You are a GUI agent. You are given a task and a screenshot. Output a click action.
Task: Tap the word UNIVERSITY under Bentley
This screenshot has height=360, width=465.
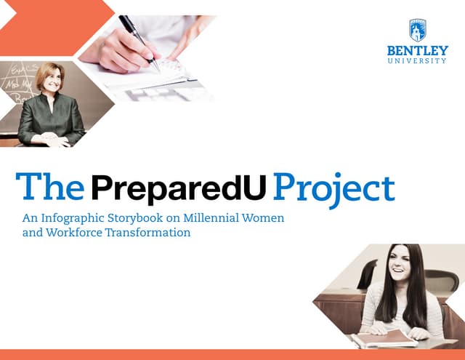pyautogui.click(x=417, y=61)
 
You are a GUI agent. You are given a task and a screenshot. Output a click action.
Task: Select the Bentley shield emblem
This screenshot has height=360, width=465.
pyautogui.click(x=417, y=29)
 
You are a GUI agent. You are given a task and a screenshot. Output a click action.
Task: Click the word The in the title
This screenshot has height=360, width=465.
pyautogui.click(x=49, y=187)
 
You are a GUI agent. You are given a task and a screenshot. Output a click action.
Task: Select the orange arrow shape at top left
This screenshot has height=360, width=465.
pyautogui.click(x=54, y=27)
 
